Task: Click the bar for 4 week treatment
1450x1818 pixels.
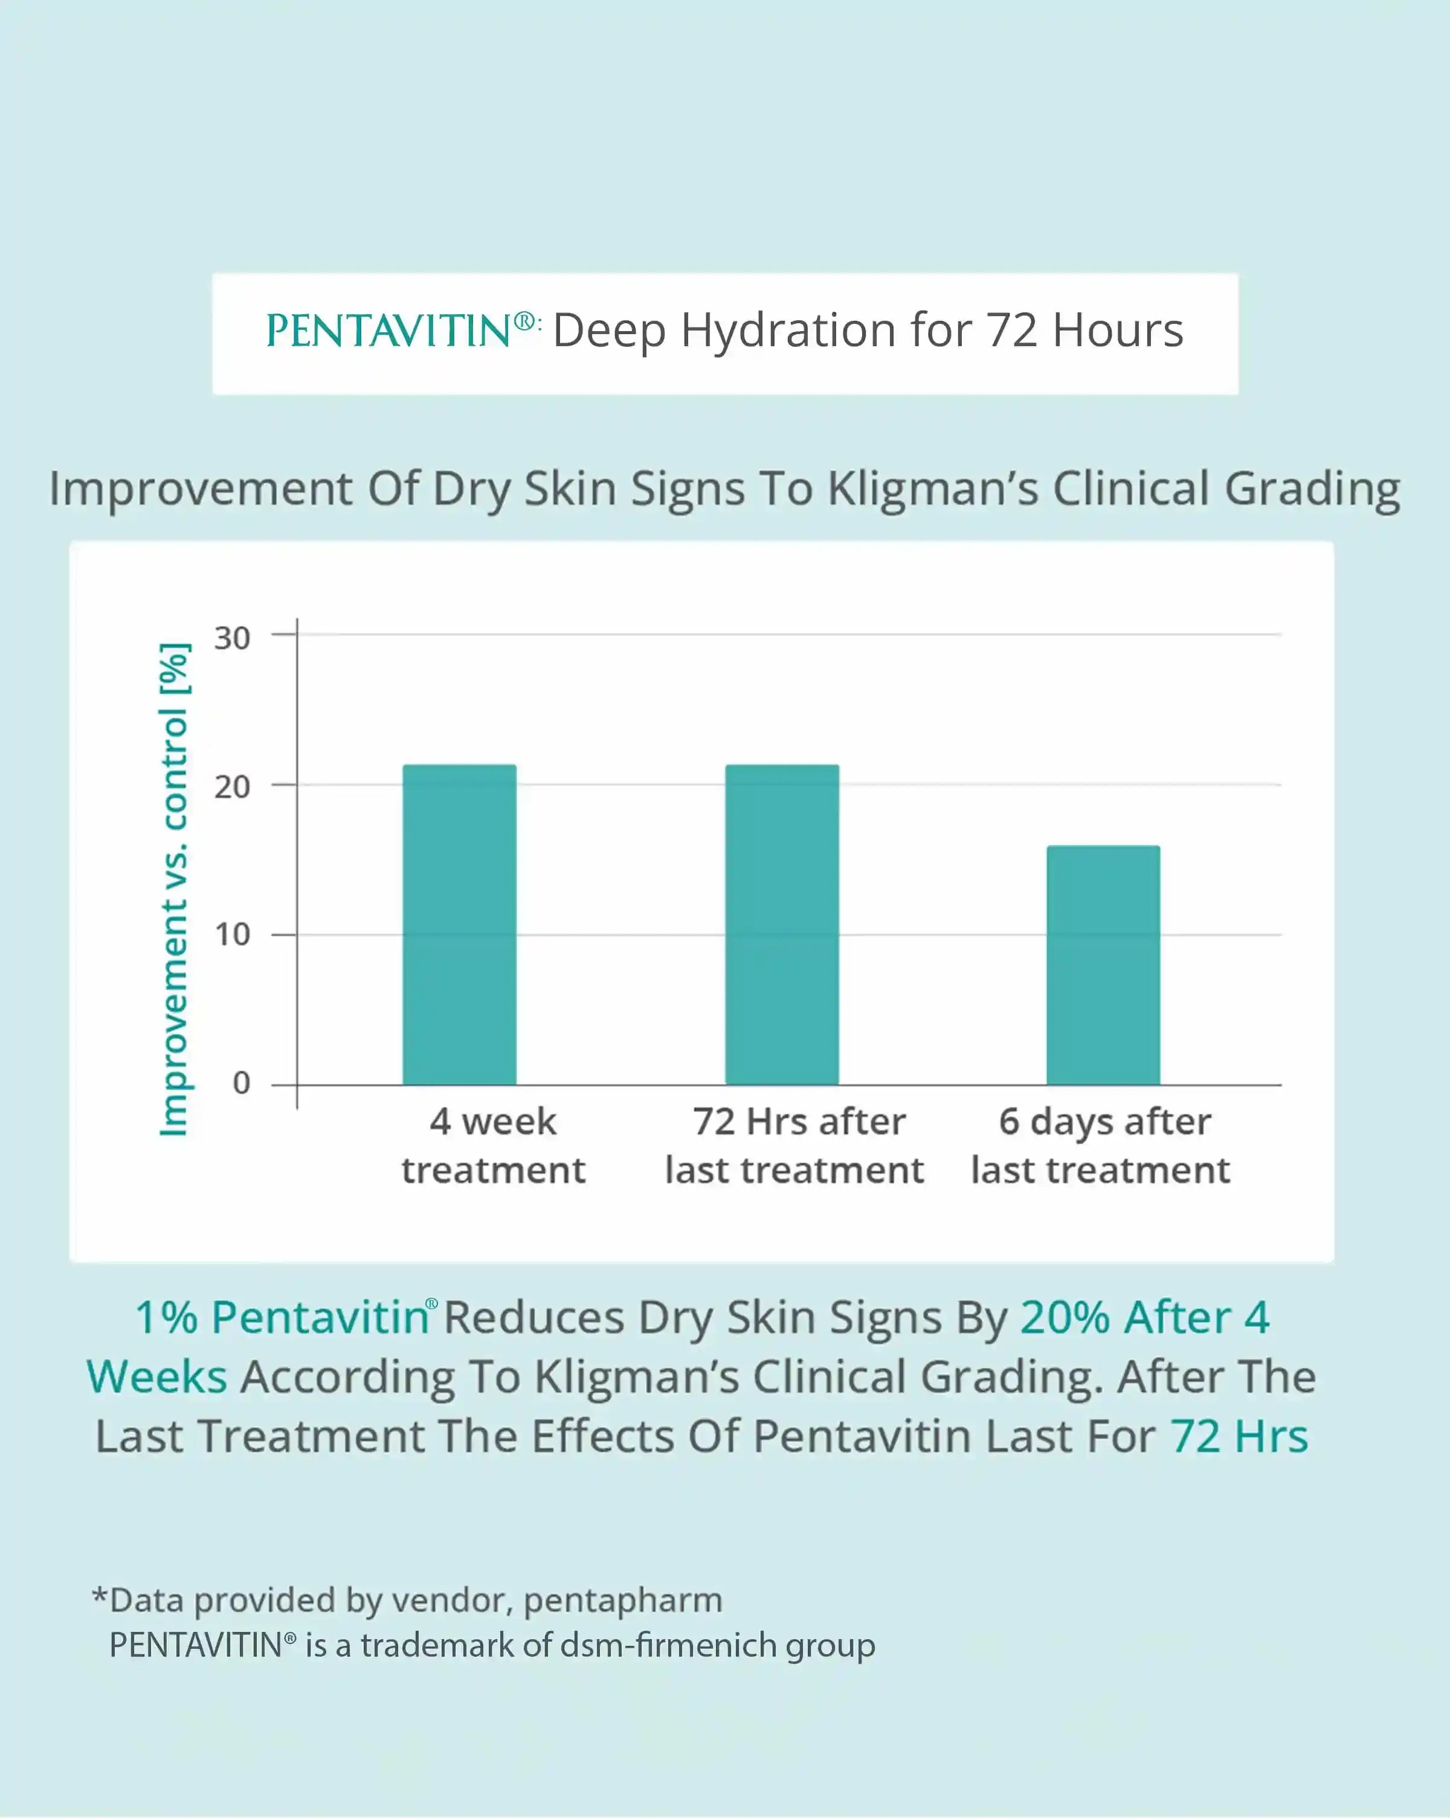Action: tap(459, 924)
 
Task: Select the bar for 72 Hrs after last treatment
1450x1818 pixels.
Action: tap(782, 924)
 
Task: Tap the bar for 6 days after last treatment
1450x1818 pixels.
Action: tap(1104, 965)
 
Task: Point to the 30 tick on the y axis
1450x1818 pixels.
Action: tap(232, 638)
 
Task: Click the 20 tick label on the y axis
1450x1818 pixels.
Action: tap(232, 787)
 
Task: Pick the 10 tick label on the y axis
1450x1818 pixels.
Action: tap(232, 934)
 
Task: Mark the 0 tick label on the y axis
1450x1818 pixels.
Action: tap(241, 1083)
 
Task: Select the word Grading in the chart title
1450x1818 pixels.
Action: tap(1312, 489)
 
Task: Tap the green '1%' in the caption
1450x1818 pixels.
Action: tap(166, 1317)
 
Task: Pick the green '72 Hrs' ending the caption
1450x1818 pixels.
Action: tap(1239, 1436)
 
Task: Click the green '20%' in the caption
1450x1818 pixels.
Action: tap(1065, 1317)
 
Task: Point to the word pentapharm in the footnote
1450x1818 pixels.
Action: tap(623, 1600)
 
